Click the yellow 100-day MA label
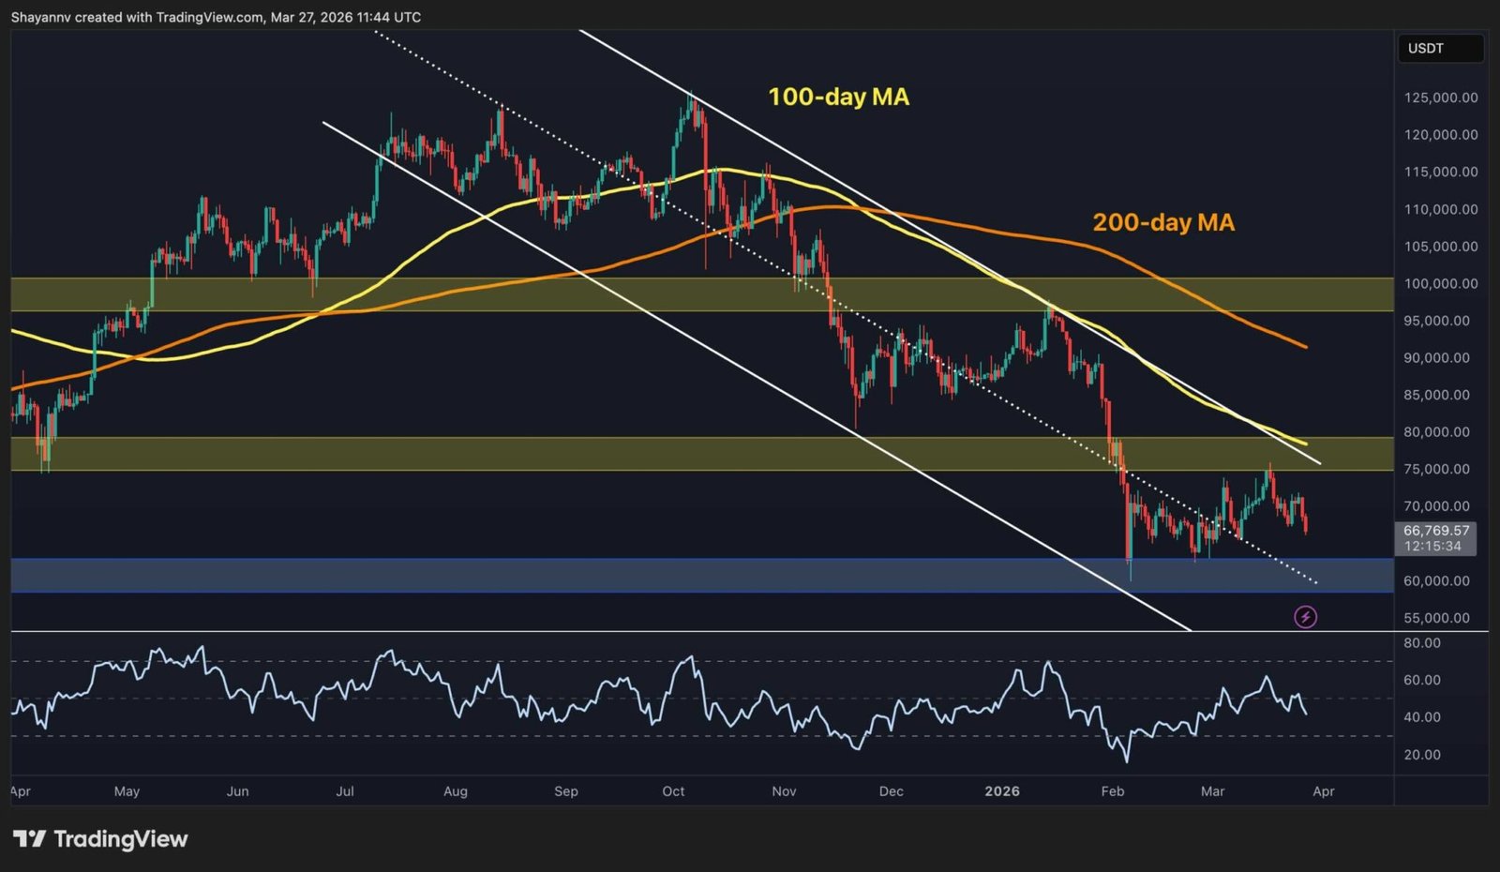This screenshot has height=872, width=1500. tap(838, 97)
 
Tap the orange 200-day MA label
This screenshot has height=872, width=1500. tap(1162, 222)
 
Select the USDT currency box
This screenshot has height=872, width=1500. tap(1426, 49)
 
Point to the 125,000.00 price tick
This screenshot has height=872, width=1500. tap(1441, 98)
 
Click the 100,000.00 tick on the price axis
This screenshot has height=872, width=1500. tap(1441, 283)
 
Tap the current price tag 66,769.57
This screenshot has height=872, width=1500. tap(1436, 531)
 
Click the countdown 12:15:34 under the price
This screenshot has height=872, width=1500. tap(1432, 546)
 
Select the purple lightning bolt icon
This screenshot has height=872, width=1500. tap(1305, 617)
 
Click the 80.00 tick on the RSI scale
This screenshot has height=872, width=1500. tap(1422, 643)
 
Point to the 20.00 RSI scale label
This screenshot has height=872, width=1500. tap(1422, 755)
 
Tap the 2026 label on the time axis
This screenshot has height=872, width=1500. tap(1002, 791)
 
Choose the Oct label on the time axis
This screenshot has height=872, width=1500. tap(673, 791)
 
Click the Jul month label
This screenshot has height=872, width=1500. tap(345, 791)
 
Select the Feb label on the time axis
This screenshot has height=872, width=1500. tap(1113, 791)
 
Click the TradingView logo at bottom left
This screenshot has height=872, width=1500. tap(100, 839)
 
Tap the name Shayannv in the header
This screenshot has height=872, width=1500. tap(41, 17)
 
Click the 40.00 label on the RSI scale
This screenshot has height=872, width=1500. tap(1422, 717)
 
